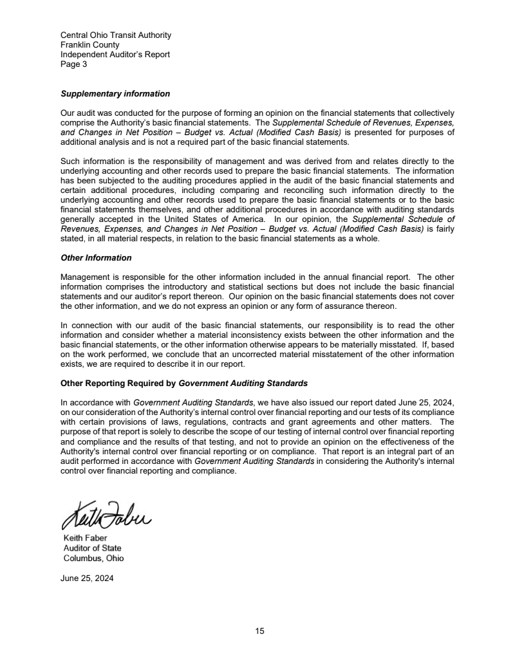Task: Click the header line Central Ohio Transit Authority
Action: (x=115, y=35)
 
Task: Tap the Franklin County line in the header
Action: (x=89, y=44)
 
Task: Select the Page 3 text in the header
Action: (x=73, y=64)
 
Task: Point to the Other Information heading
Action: (x=95, y=257)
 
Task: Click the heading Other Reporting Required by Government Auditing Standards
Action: (x=183, y=384)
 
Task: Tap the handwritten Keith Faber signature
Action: (x=107, y=513)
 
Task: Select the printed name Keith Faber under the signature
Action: (x=85, y=537)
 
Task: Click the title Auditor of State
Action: (x=92, y=548)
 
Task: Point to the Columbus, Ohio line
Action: (x=93, y=558)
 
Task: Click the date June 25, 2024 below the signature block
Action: (x=87, y=578)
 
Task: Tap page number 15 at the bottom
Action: (x=259, y=631)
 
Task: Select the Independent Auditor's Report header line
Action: (x=115, y=54)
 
